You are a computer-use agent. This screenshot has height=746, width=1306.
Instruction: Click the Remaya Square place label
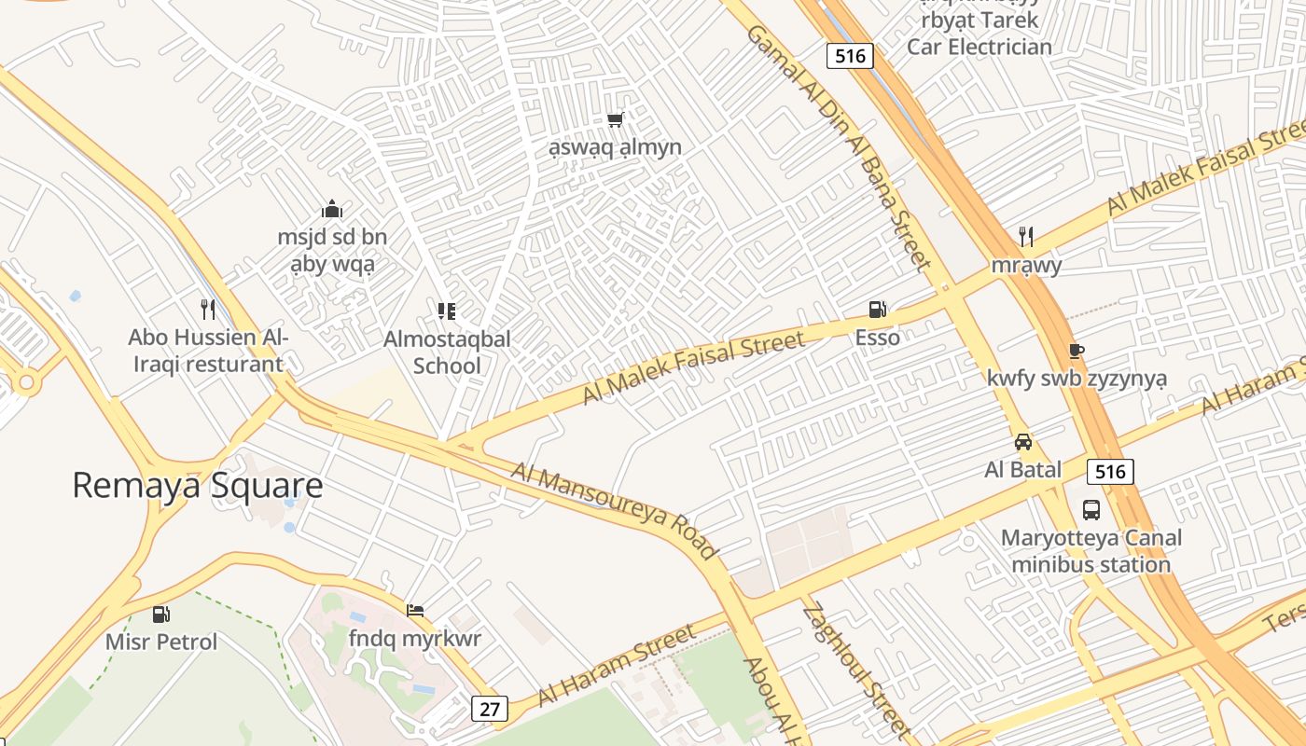(197, 486)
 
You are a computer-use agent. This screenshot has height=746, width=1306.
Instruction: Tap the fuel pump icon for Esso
(877, 310)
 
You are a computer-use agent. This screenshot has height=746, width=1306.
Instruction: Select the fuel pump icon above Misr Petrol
(161, 615)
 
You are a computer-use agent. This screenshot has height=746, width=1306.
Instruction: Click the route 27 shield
(490, 709)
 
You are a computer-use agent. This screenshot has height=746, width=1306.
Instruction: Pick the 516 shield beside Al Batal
(1110, 472)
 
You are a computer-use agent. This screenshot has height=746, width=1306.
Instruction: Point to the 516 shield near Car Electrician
(850, 56)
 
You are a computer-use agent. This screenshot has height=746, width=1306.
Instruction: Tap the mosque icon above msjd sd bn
(331, 209)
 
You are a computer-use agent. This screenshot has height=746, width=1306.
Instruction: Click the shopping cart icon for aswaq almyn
(615, 119)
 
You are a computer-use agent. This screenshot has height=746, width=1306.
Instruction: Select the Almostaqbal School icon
(447, 311)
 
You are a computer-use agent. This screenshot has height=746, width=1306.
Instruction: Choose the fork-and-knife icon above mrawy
(1026, 236)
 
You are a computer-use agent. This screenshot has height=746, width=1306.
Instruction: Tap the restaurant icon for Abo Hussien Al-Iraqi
(208, 309)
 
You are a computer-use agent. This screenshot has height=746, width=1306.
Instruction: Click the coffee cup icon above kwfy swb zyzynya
(1077, 351)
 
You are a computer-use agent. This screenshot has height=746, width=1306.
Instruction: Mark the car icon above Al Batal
(1023, 442)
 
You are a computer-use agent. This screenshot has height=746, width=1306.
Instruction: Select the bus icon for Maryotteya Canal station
(1091, 510)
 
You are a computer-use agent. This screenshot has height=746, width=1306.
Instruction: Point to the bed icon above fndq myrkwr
(415, 611)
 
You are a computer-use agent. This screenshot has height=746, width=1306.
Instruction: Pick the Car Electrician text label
(979, 47)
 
